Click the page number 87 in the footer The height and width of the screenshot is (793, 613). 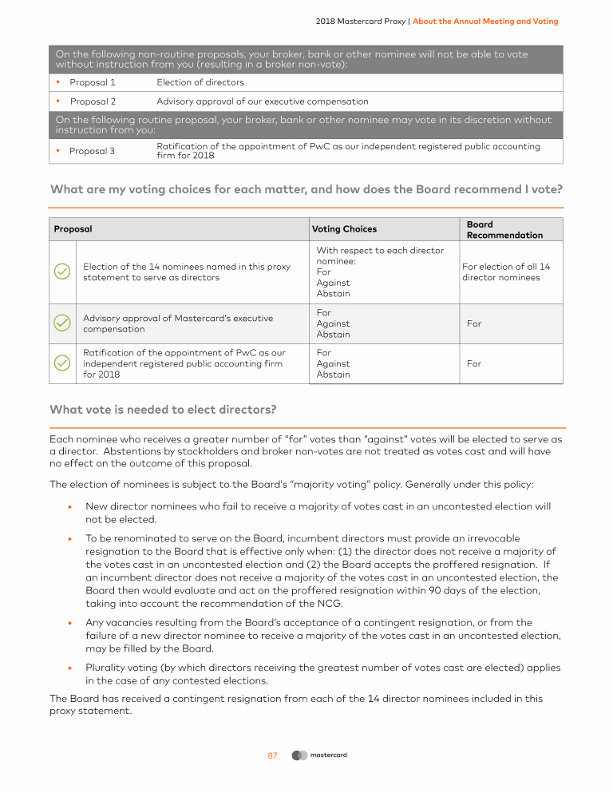pos(272,755)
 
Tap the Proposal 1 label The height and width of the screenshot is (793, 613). pos(93,82)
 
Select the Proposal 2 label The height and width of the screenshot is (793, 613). pos(93,101)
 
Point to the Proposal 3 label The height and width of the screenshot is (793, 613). pos(93,151)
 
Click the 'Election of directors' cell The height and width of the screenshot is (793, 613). pos(200,82)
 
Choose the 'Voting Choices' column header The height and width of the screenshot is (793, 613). pos(344,229)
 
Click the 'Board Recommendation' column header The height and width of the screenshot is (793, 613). pos(504,230)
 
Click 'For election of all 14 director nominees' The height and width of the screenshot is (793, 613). pos(506,272)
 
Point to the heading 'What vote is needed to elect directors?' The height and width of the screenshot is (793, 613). pos(163,410)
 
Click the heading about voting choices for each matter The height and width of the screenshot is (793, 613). pos(306,190)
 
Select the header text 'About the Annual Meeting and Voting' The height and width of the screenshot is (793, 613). pos(485,21)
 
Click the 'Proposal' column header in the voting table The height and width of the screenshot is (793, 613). pos(73,229)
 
